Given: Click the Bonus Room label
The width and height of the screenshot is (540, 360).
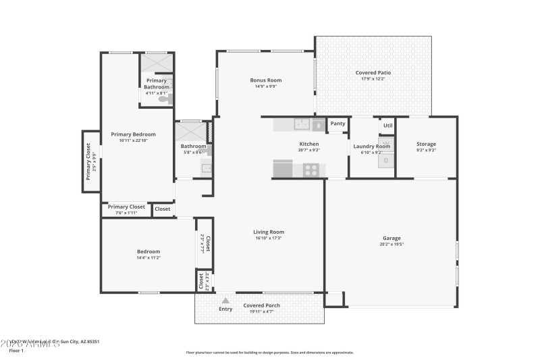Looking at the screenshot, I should click(x=265, y=80).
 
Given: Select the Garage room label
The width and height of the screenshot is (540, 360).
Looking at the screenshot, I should click(x=391, y=238).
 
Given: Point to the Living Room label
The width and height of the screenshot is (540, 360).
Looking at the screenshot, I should click(x=268, y=232).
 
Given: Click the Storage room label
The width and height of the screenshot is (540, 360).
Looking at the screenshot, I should click(x=426, y=144).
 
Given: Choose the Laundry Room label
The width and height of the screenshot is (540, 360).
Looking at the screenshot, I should click(x=371, y=146).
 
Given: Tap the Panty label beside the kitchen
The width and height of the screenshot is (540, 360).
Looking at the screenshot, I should click(x=337, y=124).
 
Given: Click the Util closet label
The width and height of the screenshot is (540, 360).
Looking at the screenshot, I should click(x=387, y=125).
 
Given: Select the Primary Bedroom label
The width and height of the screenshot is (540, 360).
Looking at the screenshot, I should click(x=133, y=134).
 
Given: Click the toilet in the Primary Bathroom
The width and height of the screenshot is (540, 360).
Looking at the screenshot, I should click(x=164, y=99).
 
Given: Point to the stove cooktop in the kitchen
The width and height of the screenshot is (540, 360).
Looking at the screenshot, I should click(x=311, y=170).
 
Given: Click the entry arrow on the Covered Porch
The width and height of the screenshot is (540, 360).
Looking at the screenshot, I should click(x=225, y=301).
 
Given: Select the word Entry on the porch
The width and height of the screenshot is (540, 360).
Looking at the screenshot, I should click(x=225, y=309).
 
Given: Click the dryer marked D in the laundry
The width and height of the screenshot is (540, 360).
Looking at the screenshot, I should click(x=386, y=161).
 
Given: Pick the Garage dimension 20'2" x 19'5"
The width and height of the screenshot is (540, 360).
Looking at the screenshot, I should click(x=391, y=245).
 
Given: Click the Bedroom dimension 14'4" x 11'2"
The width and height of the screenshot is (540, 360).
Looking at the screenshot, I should click(x=148, y=258).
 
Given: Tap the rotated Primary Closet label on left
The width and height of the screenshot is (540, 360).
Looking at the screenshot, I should click(x=88, y=161).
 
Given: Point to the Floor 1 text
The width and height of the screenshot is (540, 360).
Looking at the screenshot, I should click(x=16, y=351).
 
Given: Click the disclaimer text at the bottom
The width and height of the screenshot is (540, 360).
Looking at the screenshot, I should click(x=269, y=352).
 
